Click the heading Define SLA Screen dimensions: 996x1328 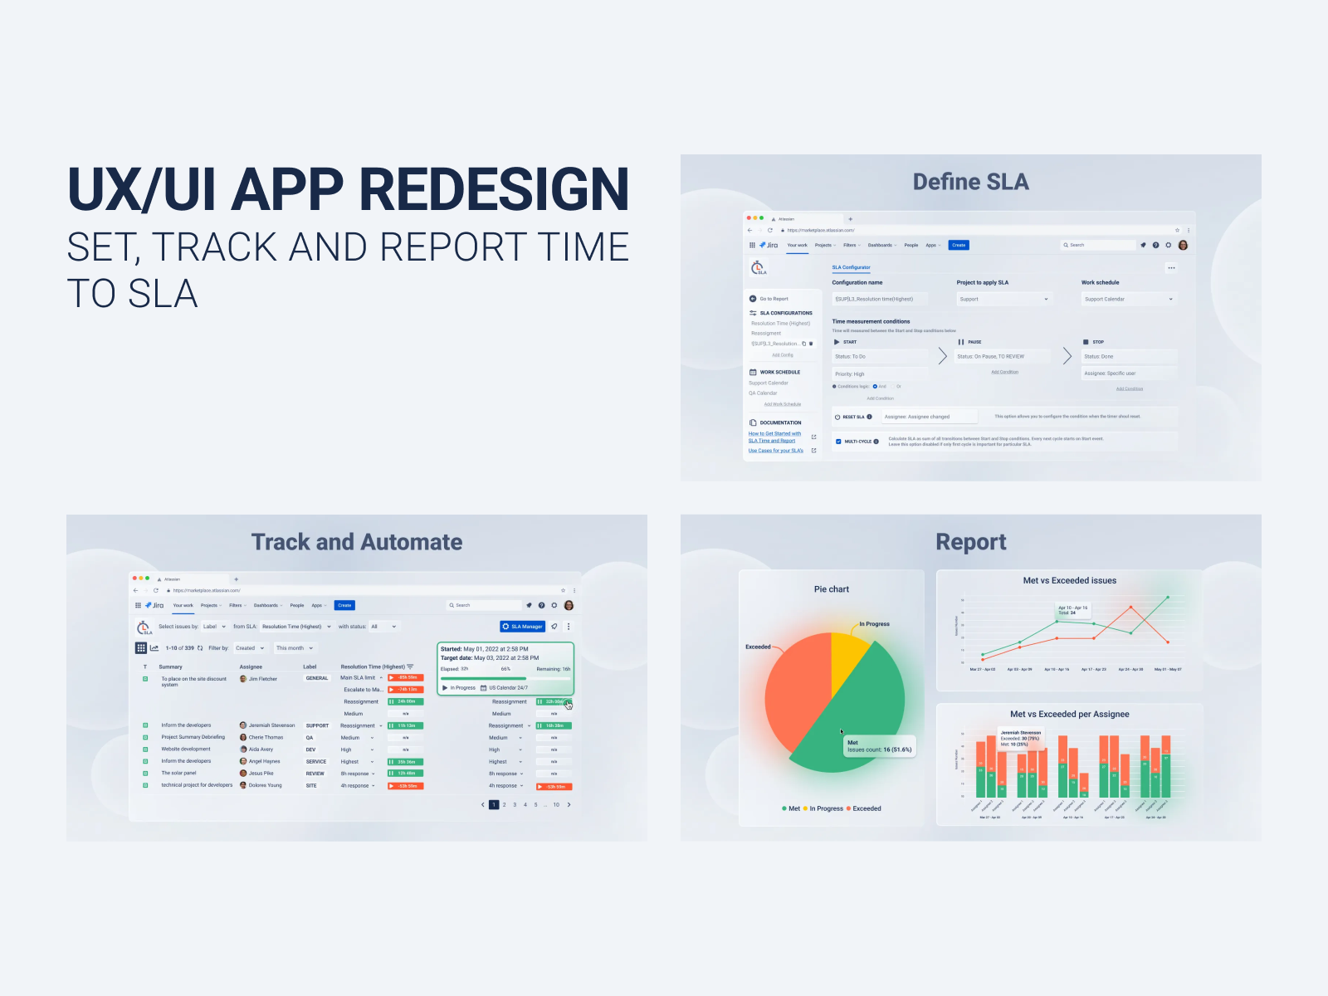tap(970, 182)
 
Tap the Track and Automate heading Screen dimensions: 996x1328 tap(357, 542)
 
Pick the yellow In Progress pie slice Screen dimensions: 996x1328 tap(849, 652)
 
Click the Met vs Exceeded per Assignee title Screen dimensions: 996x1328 tap(1069, 714)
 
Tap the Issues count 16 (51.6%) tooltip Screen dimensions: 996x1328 tap(879, 746)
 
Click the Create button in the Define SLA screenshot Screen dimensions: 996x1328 tap(959, 245)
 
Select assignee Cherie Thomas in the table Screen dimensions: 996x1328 tap(266, 737)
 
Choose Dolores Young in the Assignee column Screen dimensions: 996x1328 tap(265, 785)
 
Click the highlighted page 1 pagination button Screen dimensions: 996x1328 tap(494, 804)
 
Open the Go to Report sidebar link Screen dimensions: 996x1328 tap(774, 299)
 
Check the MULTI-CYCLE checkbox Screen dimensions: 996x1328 tap(838, 442)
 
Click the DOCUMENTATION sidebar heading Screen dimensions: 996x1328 tap(780, 422)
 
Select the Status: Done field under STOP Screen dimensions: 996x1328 tap(1129, 356)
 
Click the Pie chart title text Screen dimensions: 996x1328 tap(831, 589)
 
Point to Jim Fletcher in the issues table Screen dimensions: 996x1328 tap(262, 679)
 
